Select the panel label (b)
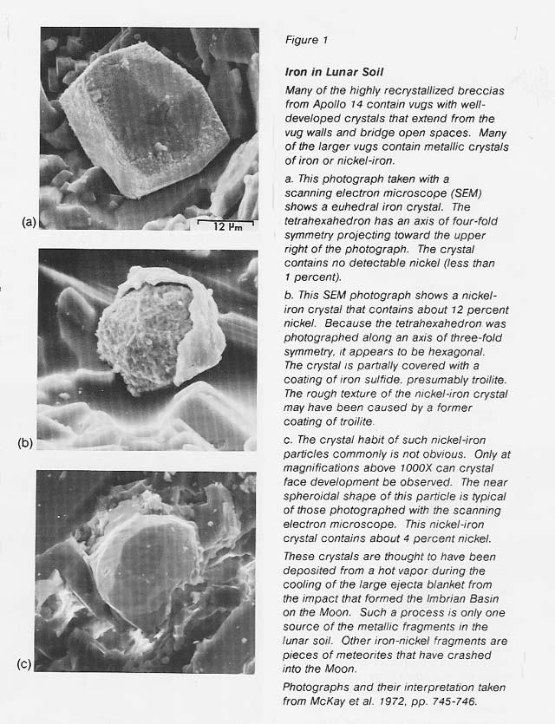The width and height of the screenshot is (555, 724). coord(25,444)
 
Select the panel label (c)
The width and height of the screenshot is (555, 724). coord(25,665)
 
